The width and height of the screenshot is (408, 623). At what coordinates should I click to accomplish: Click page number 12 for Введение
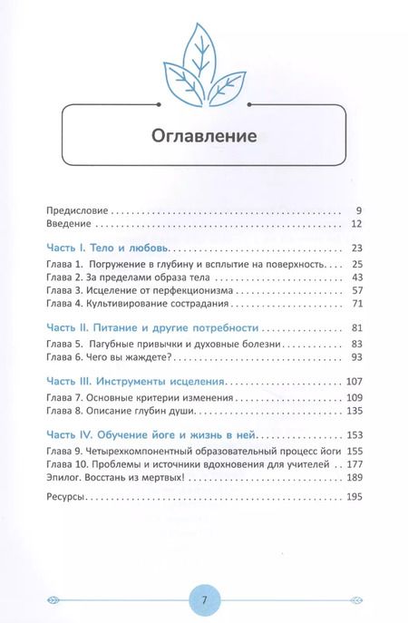click(356, 223)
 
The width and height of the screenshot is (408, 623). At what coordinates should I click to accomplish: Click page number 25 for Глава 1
click(356, 264)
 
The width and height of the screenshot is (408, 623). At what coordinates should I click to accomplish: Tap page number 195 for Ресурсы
click(354, 499)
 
